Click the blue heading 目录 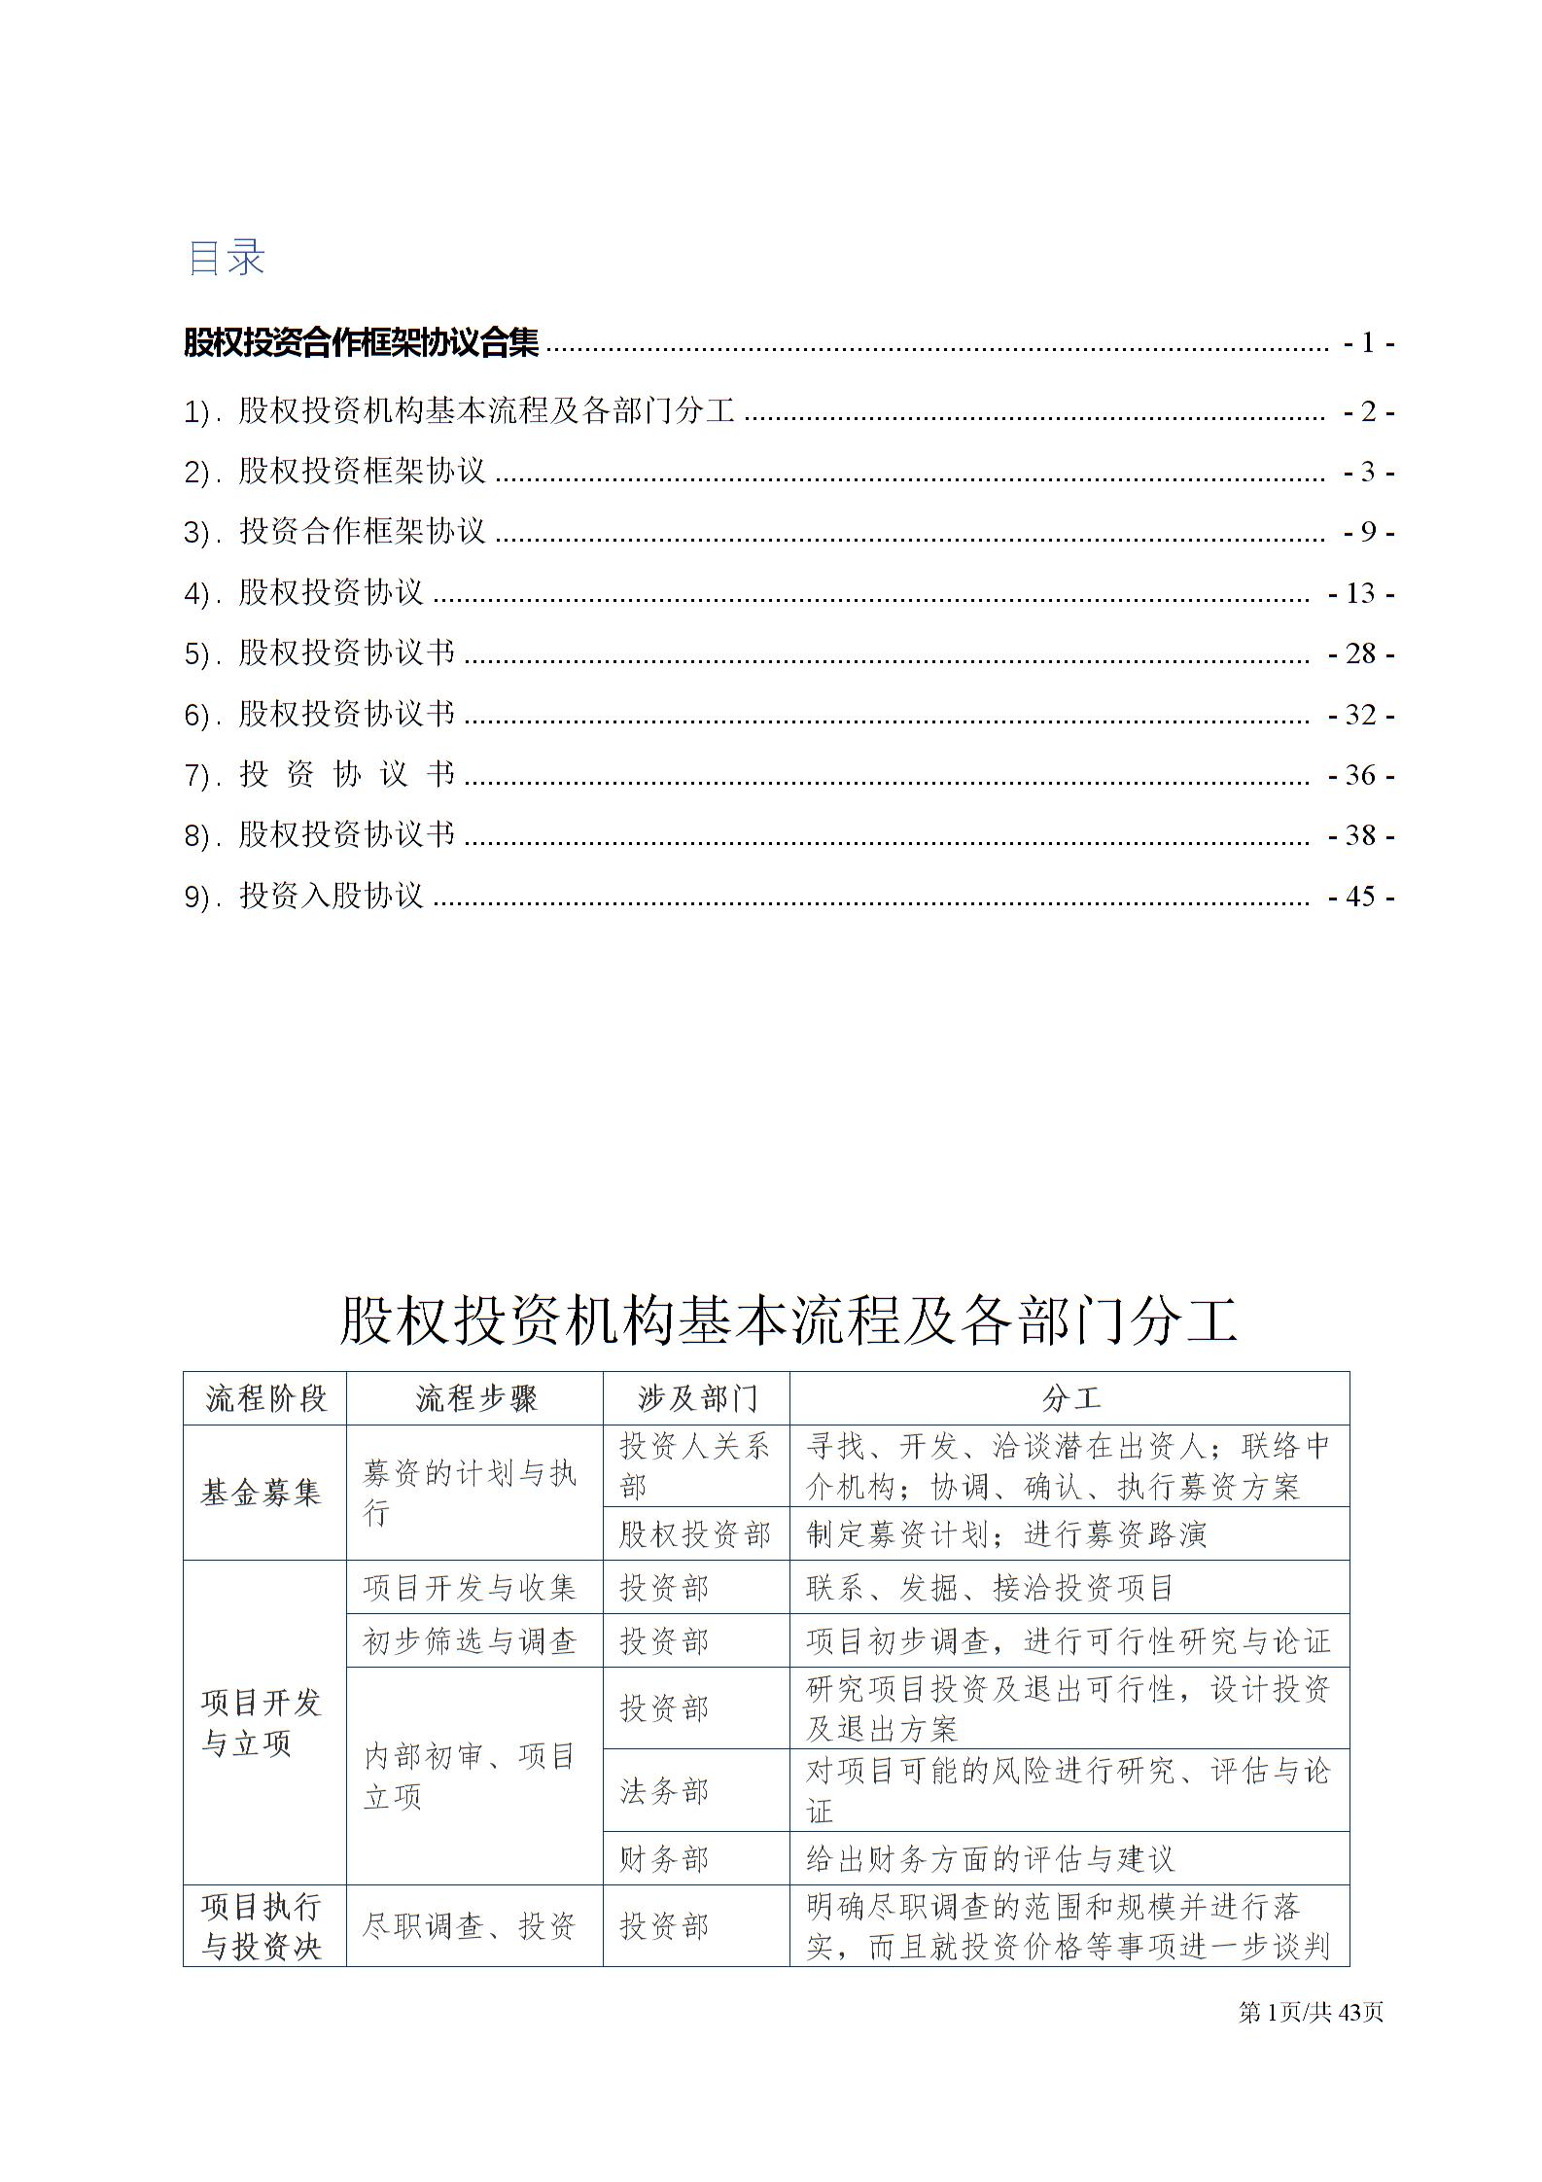226,258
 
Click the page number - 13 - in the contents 1361,593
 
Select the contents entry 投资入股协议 331,896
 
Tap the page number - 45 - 1361,897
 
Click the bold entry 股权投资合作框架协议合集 361,342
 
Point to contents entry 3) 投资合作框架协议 361,531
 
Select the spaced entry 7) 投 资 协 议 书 346,775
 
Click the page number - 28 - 1361,653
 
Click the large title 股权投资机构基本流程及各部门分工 789,1321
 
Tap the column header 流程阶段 265,1398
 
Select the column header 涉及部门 696,1398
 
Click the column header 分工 1069,1398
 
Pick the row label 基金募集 261,1493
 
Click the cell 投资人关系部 694,1466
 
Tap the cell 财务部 665,1859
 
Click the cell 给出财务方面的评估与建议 990,1859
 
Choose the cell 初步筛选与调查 471,1641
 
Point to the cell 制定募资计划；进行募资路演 1005,1534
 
